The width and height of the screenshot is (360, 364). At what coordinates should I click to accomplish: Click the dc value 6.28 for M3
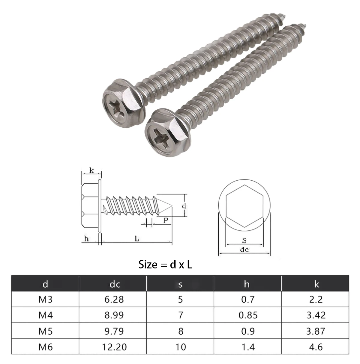(114, 299)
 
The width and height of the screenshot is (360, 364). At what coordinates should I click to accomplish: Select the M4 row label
(45, 315)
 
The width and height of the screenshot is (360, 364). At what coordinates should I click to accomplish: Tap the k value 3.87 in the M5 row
(316, 331)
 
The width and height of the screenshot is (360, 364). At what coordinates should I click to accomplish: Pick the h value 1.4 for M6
(248, 347)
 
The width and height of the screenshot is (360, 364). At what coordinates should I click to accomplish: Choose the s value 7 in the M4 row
(180, 315)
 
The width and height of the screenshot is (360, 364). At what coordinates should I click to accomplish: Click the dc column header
(114, 284)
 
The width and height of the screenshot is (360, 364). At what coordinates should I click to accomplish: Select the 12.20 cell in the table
(114, 347)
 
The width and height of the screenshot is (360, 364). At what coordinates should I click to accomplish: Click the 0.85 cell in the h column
(248, 315)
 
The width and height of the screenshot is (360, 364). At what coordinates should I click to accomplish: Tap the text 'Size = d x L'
(165, 265)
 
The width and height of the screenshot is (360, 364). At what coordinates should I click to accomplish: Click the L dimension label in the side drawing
(137, 238)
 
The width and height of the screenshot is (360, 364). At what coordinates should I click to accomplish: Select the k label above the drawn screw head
(91, 171)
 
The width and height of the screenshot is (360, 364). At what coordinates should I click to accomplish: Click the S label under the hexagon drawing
(244, 240)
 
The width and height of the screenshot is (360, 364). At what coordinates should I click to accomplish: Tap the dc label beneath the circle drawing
(244, 250)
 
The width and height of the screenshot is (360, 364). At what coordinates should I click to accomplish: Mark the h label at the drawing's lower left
(86, 238)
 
